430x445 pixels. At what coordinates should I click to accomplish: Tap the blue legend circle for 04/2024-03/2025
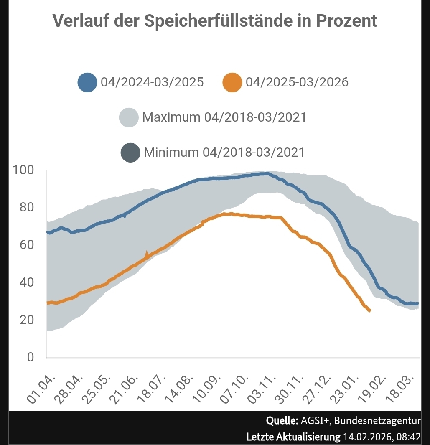(87, 82)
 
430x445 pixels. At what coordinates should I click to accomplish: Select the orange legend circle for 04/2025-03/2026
(232, 82)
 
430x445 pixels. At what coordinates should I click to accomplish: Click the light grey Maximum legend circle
(129, 117)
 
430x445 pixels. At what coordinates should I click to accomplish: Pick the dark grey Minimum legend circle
(130, 152)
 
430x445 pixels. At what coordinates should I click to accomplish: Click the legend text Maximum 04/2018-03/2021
(224, 117)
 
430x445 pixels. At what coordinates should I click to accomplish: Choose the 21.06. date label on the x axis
(125, 389)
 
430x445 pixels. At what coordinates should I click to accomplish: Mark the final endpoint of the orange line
(370, 310)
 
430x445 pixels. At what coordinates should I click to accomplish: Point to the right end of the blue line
(417, 304)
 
